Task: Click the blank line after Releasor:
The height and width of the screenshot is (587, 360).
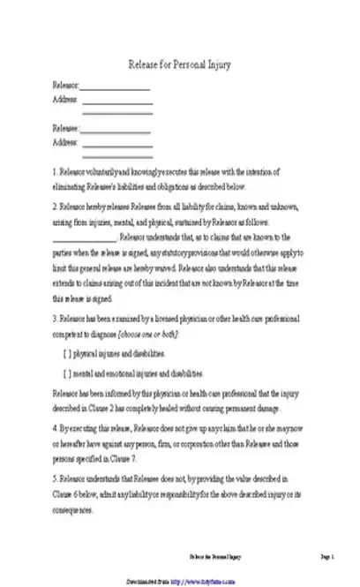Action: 116,87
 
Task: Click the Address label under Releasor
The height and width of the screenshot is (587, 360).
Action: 66,98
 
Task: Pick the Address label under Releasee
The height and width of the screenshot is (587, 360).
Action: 66,141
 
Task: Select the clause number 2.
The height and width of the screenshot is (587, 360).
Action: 55,205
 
